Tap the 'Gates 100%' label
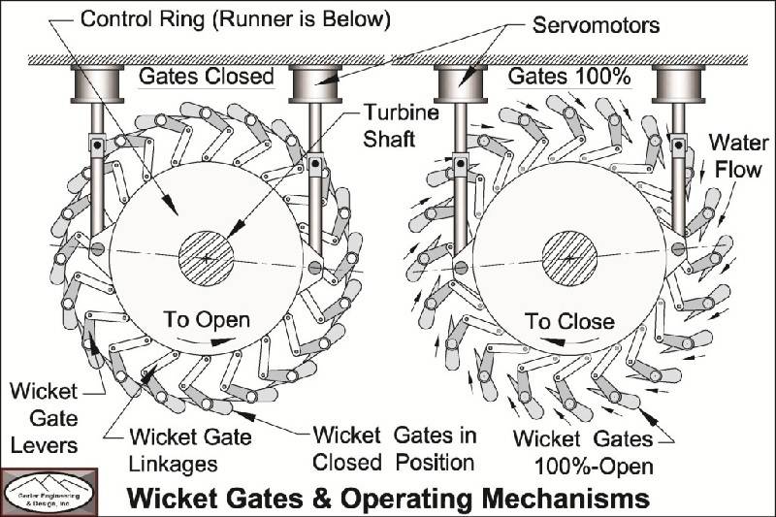coord(562,75)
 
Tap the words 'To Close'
coord(569,320)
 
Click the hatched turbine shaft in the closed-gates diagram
coord(207,257)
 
